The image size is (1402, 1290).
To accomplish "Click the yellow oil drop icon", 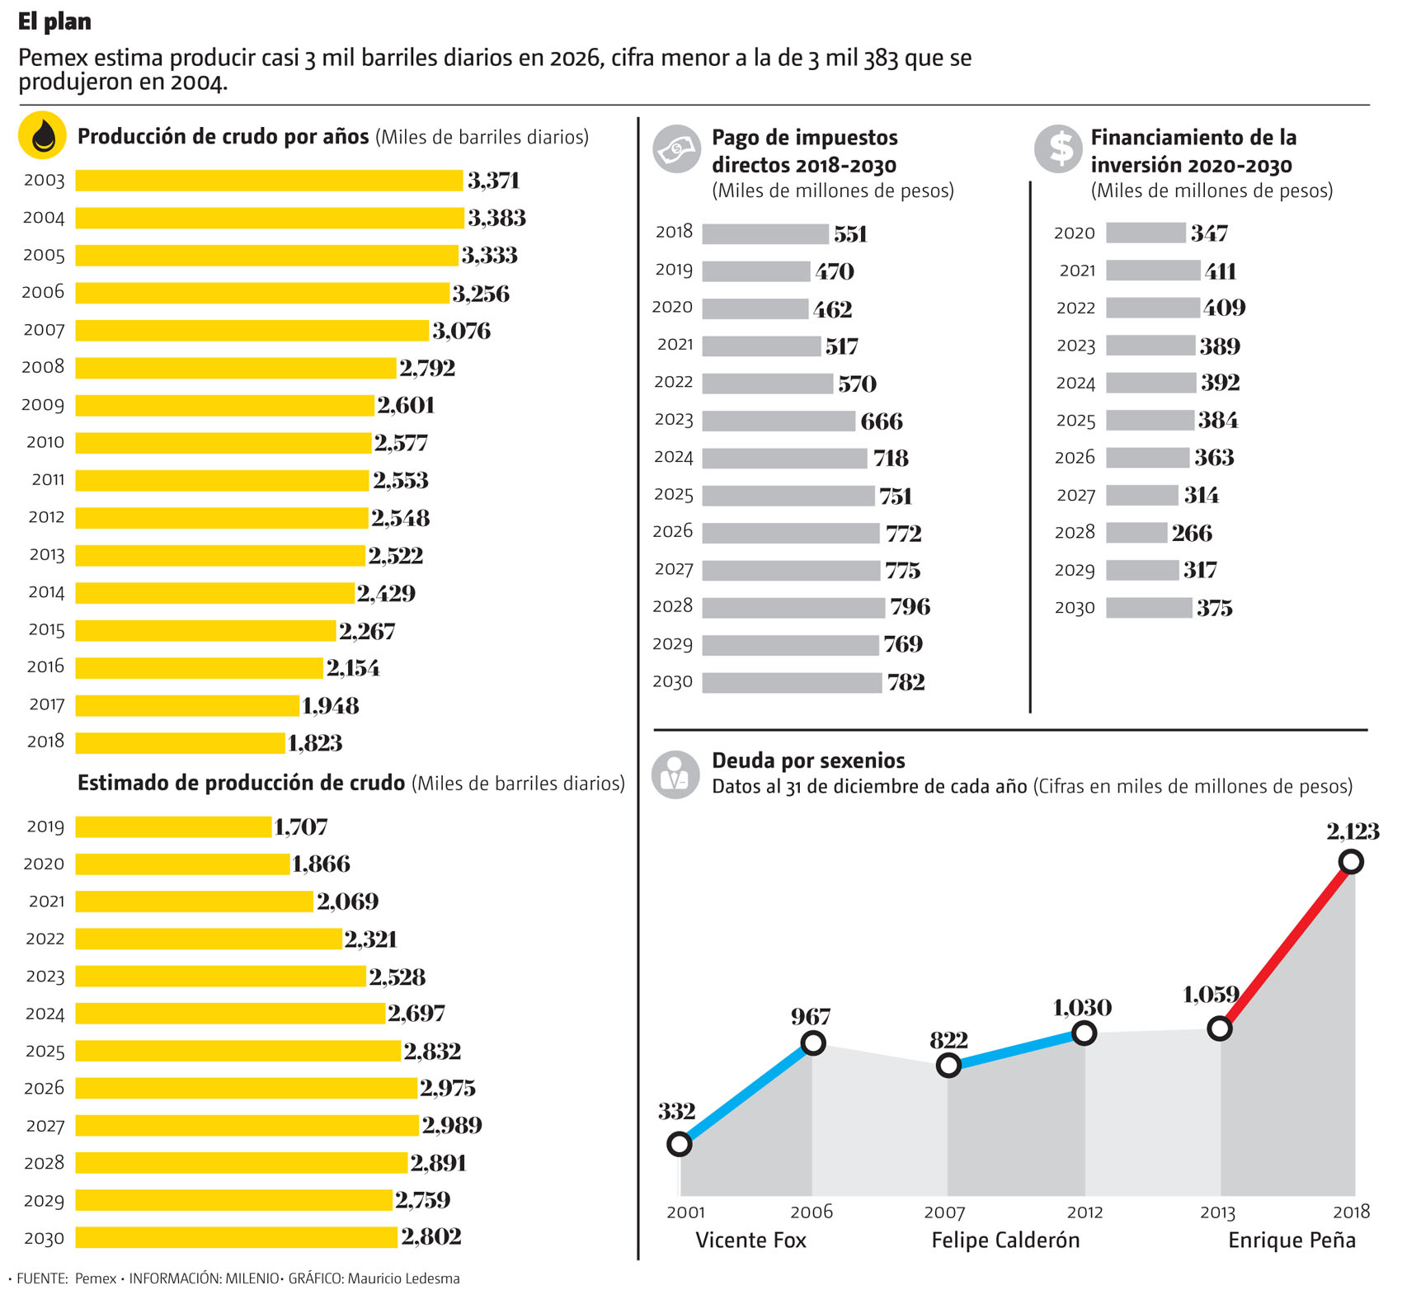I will pyautogui.click(x=42, y=134).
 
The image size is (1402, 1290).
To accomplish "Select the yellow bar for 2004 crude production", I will pyautogui.click(x=269, y=218).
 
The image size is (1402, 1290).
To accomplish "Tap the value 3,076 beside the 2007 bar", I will pyautogui.click(x=461, y=331).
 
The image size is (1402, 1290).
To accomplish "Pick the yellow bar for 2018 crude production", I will pyautogui.click(x=180, y=742).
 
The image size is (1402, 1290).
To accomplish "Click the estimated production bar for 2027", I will pyautogui.click(x=247, y=1125).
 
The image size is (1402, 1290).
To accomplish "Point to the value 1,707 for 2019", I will pyautogui.click(x=301, y=826).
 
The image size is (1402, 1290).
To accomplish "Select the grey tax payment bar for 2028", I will pyautogui.click(x=793, y=608).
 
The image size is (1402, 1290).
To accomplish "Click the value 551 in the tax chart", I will pyautogui.click(x=850, y=234).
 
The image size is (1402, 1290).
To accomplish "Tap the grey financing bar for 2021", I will pyautogui.click(x=1152, y=271).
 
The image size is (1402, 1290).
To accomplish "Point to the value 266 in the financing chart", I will pyautogui.click(x=1192, y=533).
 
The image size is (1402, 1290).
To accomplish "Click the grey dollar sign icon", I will pyautogui.click(x=1059, y=149).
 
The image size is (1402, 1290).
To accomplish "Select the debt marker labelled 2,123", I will pyautogui.click(x=1351, y=862).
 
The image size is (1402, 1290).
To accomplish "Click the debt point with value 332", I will pyautogui.click(x=679, y=1144).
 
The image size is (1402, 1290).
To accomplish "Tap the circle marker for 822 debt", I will pyautogui.click(x=948, y=1066).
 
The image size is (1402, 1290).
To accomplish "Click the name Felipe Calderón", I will pyautogui.click(x=1004, y=1241).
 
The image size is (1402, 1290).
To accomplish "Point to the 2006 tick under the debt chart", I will pyautogui.click(x=812, y=1212).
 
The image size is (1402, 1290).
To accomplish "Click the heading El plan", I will pyautogui.click(x=54, y=21).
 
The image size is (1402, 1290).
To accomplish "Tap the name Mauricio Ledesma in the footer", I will pyautogui.click(x=403, y=1278).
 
